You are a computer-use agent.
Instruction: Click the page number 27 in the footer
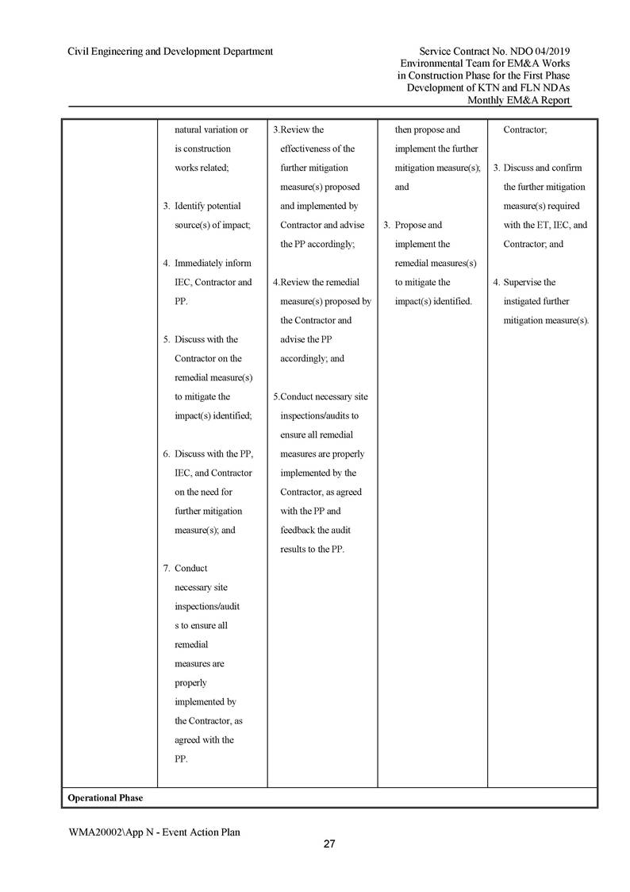(329, 844)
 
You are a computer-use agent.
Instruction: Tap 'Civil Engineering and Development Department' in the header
(171, 52)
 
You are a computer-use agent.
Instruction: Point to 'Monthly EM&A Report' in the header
(519, 100)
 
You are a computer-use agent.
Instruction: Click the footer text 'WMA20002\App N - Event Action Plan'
(154, 832)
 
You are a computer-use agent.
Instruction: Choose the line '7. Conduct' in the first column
(185, 568)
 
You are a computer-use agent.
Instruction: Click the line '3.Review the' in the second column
(298, 129)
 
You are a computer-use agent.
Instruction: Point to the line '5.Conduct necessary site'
(321, 396)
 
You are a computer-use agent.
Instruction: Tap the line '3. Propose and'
(413, 225)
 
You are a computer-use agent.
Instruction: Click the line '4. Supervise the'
(524, 282)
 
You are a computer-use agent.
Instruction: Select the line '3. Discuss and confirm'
(538, 168)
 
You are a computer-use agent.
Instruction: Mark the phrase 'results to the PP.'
(313, 549)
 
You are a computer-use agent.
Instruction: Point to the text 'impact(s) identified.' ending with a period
(433, 301)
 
